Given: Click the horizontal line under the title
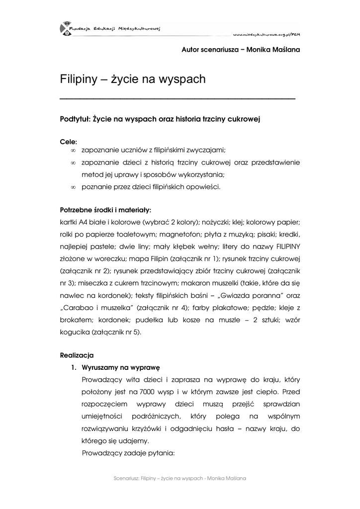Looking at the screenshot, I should click(178, 99).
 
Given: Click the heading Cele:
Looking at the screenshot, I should click(69, 142).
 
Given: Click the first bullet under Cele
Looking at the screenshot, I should click(73, 150).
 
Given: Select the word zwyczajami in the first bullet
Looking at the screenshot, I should click(207, 150).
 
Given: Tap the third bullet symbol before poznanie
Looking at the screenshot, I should click(73, 187).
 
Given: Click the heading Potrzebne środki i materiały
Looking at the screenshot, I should click(105, 210).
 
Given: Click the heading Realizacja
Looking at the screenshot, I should click(77, 355).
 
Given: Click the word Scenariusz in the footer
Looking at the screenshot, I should click(126, 478).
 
